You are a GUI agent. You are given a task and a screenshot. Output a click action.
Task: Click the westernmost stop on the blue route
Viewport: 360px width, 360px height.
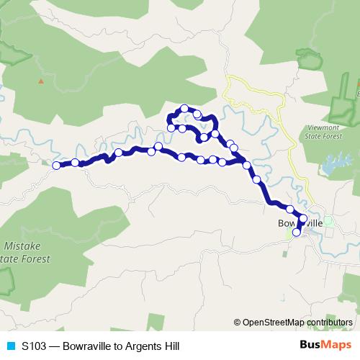coord(57,166)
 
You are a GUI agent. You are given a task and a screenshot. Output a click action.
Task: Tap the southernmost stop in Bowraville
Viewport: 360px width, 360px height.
coord(297,232)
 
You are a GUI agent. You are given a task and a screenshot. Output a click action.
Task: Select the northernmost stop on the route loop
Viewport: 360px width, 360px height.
coord(185,109)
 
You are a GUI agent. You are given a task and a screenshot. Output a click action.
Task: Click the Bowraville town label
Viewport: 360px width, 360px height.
coord(301,224)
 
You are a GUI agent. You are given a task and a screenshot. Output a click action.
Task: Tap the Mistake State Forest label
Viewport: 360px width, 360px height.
coord(26,252)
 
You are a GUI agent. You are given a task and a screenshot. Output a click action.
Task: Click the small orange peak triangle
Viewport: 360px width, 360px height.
coord(41,81)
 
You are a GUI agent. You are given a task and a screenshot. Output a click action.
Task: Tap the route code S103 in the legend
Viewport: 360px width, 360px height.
coord(35,346)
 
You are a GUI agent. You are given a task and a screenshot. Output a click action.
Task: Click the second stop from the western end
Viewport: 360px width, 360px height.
coord(75,163)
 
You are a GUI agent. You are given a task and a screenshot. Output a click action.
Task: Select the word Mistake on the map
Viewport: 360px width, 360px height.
coord(26,246)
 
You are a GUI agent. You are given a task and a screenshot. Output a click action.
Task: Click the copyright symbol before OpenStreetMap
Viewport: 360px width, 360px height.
coord(238,322)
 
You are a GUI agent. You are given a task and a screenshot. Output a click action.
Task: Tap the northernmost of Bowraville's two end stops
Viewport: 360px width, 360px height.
coord(303,218)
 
